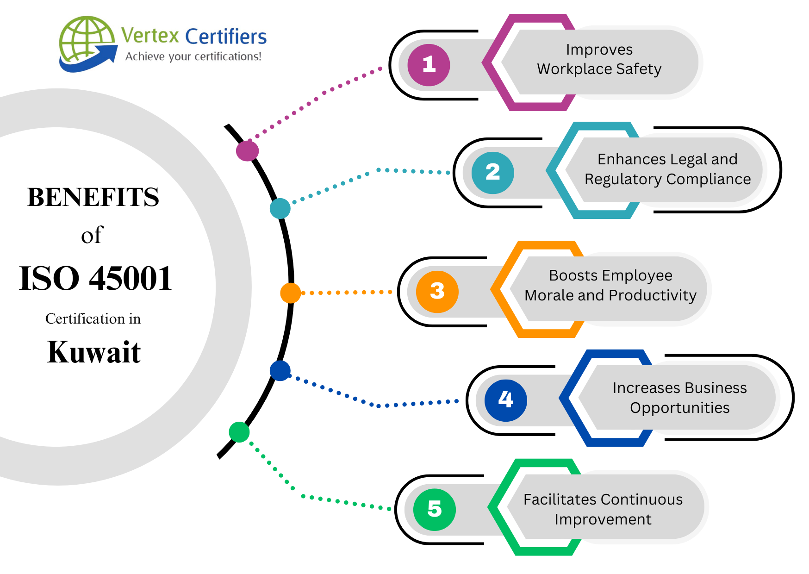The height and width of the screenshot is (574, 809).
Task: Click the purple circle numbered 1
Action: pos(429,65)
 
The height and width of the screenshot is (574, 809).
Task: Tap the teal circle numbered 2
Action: pos(492,173)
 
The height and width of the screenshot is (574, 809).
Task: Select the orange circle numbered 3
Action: pos(437,292)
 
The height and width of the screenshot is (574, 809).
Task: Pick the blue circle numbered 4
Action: pos(505,400)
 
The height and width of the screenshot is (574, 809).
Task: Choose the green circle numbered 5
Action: pos(434,509)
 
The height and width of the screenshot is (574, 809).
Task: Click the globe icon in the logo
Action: pos(86,42)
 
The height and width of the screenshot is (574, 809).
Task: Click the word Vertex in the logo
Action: pos(150,36)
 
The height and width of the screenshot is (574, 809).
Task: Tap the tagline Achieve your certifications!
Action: pos(193,56)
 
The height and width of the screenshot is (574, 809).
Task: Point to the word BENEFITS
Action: pos(93,197)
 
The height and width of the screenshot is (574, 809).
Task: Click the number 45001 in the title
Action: pos(131,279)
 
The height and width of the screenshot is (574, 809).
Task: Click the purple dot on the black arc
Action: pos(247,151)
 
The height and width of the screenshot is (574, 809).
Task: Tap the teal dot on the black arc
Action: pos(280,208)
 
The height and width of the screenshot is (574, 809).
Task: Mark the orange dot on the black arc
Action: pos(290,293)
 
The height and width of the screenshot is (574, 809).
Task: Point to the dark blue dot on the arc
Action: pos(280,371)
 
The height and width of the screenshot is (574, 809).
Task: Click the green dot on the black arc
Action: pos(239,432)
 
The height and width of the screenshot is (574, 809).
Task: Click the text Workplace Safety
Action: pos(599,69)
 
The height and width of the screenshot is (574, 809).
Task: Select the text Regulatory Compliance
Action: pos(667,179)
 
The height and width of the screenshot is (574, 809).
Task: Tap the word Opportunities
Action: pos(679,408)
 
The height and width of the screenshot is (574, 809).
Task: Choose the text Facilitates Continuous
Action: pos(603,499)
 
